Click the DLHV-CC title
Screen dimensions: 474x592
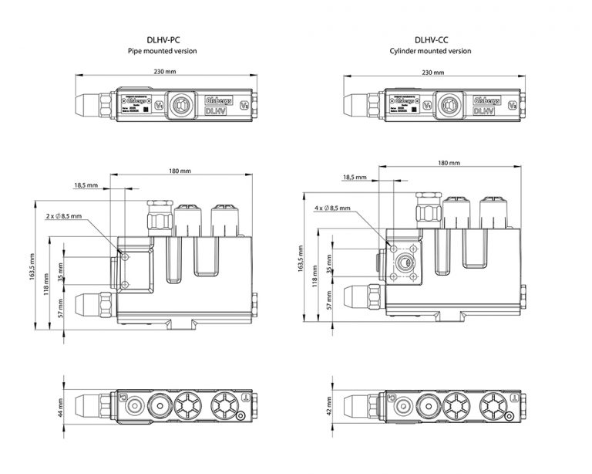click(432, 39)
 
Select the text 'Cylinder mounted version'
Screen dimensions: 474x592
click(432, 51)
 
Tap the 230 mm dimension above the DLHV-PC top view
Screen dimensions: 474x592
click(164, 72)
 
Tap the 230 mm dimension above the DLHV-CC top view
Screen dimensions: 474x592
click(433, 72)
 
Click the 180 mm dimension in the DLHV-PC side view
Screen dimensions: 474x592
click(180, 171)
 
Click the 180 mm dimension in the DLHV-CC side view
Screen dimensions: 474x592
click(449, 164)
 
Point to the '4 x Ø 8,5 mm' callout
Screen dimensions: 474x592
click(332, 208)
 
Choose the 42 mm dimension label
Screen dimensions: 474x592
click(328, 405)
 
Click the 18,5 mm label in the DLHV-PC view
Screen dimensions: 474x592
click(86, 186)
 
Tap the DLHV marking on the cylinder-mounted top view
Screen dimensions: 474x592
click(485, 111)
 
